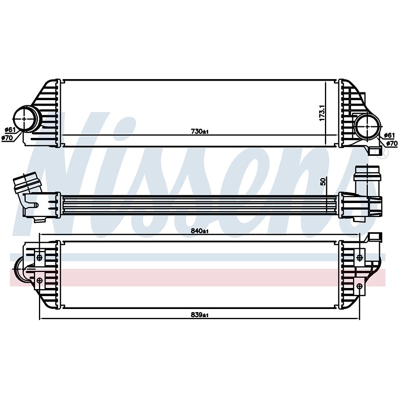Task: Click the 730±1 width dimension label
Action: (199, 132)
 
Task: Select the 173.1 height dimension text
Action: (322, 112)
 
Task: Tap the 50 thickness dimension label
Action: (322, 182)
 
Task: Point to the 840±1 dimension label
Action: (199, 231)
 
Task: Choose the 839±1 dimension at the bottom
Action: (199, 315)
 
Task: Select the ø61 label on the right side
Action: (389, 135)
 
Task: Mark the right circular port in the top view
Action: (368, 126)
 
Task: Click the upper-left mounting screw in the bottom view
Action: (39, 258)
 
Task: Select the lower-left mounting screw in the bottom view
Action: (39, 280)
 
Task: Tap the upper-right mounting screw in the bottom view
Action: (359, 258)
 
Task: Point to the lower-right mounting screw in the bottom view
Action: (359, 286)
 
